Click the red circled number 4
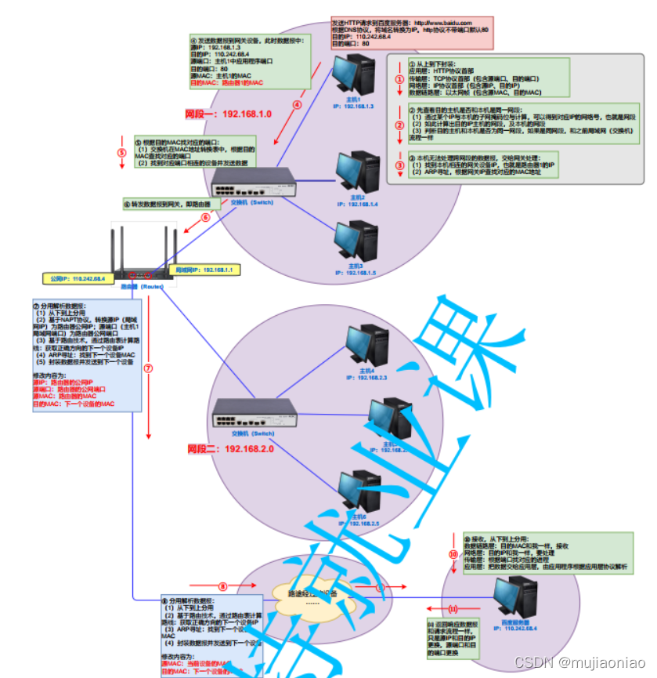[x=297, y=103]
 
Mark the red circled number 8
[x=222, y=586]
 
